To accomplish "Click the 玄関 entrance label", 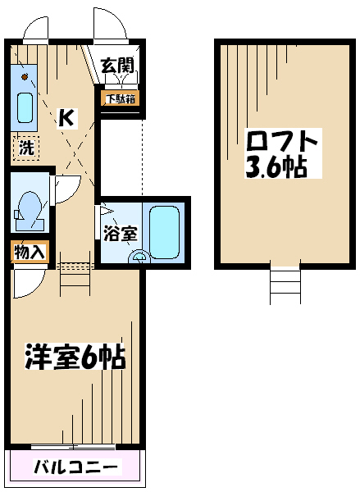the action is [117, 66].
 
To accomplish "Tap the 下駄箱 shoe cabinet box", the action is [121, 98].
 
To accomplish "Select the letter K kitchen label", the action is [67, 118].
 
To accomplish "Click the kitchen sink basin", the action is [25, 107].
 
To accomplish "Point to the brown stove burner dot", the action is [25, 76].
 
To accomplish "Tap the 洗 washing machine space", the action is [26, 148].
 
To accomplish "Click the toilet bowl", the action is [29, 208].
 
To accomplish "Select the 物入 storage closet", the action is [30, 252].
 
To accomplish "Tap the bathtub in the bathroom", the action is [164, 232].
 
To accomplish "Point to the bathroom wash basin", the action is [139, 257].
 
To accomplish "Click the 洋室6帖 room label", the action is [75, 356].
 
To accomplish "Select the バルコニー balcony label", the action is [77, 467].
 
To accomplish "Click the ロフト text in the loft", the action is [280, 141].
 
